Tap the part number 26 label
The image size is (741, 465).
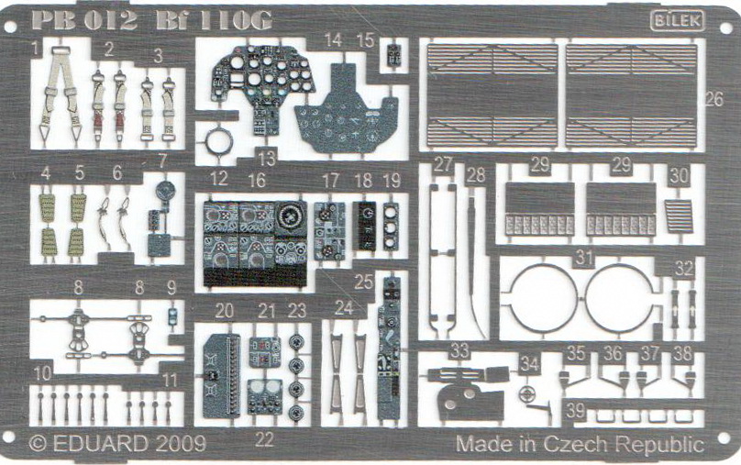(x=714, y=98)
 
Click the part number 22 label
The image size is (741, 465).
(x=265, y=438)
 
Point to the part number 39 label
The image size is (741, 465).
(x=575, y=411)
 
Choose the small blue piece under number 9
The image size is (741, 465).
(x=171, y=315)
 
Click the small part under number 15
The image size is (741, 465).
(x=393, y=56)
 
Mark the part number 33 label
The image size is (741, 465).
(x=460, y=349)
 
